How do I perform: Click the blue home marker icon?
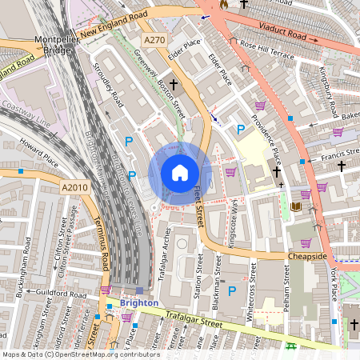[180, 172]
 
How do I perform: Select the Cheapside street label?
[308, 256]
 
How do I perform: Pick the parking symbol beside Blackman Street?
[232, 292]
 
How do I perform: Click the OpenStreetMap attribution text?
[80, 354]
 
